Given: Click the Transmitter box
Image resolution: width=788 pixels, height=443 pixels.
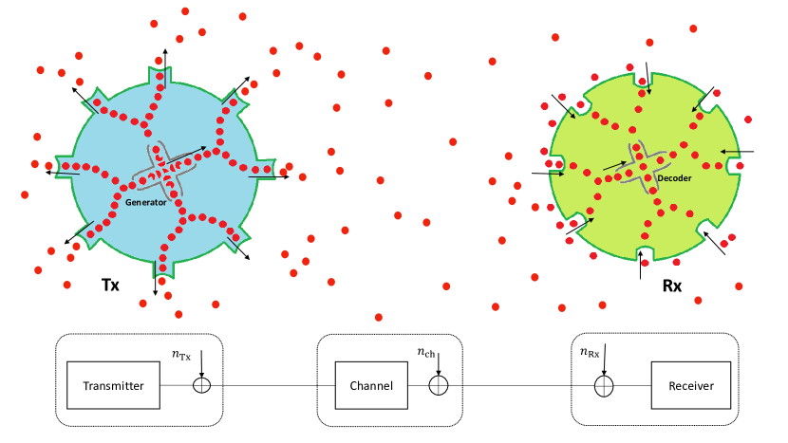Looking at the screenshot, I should point(113,385).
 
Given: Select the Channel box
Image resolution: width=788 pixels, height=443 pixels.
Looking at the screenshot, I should point(371,385).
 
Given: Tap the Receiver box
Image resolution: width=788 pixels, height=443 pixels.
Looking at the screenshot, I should point(690,385).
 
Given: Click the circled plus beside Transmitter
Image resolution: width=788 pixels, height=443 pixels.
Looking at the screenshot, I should point(201,385).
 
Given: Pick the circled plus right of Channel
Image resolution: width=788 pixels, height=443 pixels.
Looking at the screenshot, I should point(438,385).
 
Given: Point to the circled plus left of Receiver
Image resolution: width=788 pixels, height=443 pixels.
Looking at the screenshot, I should point(604,386).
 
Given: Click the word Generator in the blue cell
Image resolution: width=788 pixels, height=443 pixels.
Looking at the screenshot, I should point(146,202).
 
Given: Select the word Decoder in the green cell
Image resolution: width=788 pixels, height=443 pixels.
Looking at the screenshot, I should point(674,178).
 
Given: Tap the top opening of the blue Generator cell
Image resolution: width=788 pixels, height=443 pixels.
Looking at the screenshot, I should point(159,73).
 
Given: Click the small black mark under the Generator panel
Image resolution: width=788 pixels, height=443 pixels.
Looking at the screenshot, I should point(106,280).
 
